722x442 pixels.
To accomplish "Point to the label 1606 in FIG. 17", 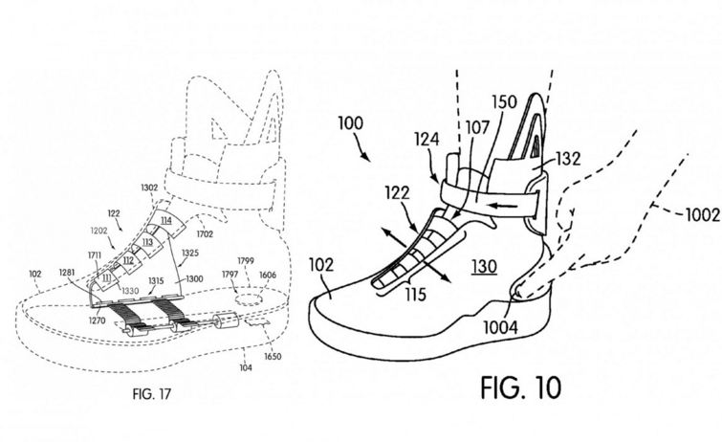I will point(268,276).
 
